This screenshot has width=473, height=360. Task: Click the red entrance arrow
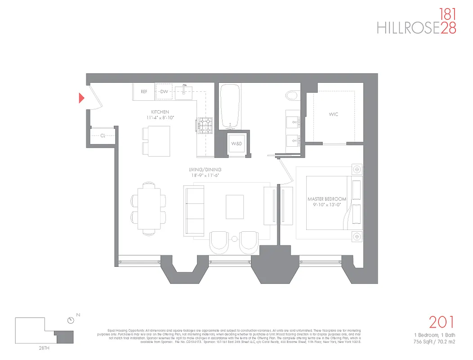click(82, 98)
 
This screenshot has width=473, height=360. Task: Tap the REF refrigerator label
click(144, 92)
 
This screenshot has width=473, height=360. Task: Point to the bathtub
click(232, 107)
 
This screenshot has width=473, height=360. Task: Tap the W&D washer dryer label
click(236, 144)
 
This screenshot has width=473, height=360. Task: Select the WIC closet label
click(333, 114)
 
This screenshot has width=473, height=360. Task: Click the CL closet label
click(103, 135)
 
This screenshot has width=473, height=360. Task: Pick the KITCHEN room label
click(160, 112)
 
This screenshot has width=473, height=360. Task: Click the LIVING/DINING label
click(205, 170)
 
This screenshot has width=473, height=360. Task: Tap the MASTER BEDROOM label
click(327, 199)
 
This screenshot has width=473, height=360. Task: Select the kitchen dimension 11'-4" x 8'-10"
click(160, 117)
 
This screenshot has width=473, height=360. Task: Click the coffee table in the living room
click(234, 206)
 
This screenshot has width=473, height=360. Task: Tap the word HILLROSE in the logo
click(407, 28)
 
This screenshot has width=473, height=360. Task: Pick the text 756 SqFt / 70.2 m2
click(435, 341)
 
